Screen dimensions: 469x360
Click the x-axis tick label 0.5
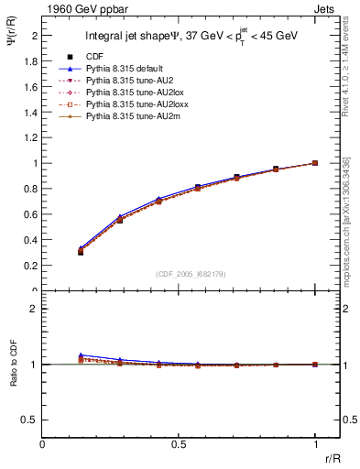(178, 444)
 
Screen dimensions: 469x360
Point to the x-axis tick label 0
(42, 444)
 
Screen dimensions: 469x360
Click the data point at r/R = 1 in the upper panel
(315, 163)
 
